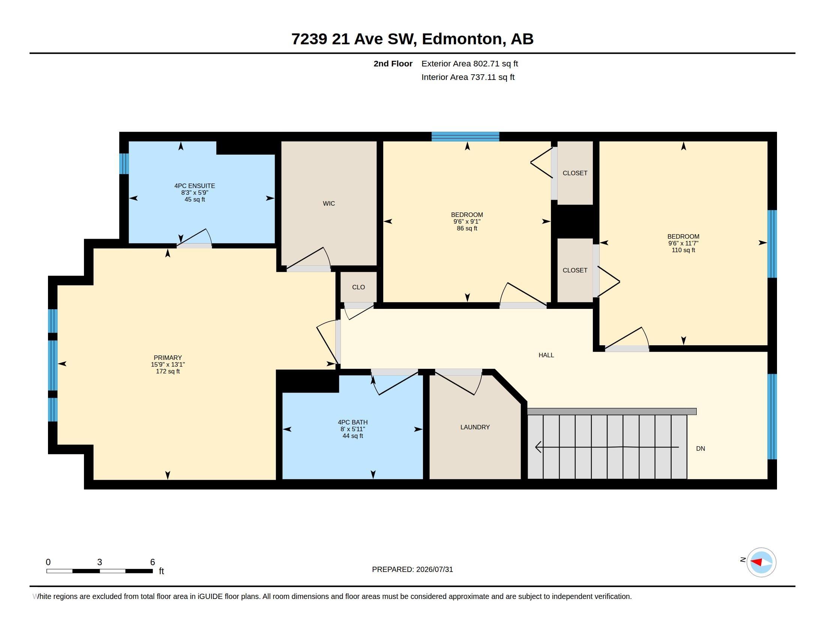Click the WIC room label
pos(328,203)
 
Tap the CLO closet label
pos(358,287)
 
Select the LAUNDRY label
pos(475,427)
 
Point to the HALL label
pos(546,355)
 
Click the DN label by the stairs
pos(700,448)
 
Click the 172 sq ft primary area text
pos(168,372)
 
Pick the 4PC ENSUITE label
pos(195,186)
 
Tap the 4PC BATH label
pos(352,422)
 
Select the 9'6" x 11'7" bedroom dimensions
pos(683,244)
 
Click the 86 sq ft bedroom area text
pos(467,228)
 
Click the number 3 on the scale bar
pos(99,562)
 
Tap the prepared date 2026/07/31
pos(434,569)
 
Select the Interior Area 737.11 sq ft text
pos(468,77)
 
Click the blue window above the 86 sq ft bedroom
pos(465,137)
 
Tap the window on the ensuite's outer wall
pos(124,164)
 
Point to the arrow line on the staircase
pos(607,447)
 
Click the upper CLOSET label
pos(575,173)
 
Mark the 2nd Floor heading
pos(393,63)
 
